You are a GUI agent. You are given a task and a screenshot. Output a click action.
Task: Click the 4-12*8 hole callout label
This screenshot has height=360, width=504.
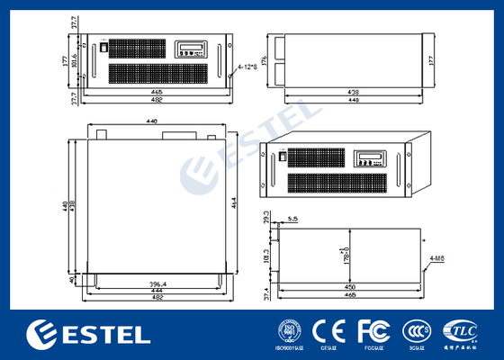247,67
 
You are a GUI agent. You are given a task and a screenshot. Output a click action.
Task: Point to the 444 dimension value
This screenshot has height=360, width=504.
156,292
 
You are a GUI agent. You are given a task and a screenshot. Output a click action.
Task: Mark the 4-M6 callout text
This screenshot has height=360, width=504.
438,258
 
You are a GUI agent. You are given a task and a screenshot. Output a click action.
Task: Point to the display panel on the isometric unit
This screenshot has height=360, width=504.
369,158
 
